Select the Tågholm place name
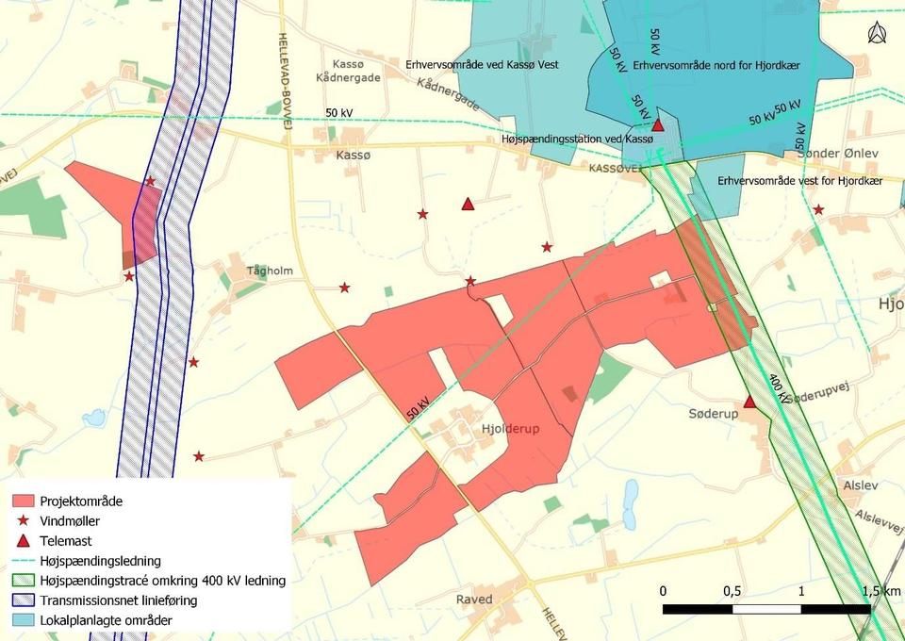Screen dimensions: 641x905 click(x=270, y=271)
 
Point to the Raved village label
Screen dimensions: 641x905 click(x=474, y=600)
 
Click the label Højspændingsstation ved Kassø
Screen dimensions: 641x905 click(x=577, y=139)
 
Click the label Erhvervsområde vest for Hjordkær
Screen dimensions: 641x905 click(x=799, y=180)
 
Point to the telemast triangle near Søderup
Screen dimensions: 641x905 click(x=749, y=403)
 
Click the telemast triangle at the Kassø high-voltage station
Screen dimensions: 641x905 click(x=659, y=124)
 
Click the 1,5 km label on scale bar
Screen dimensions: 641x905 click(x=881, y=590)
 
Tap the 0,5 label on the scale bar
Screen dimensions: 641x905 click(x=732, y=590)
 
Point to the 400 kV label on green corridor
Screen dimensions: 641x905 click(x=780, y=388)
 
